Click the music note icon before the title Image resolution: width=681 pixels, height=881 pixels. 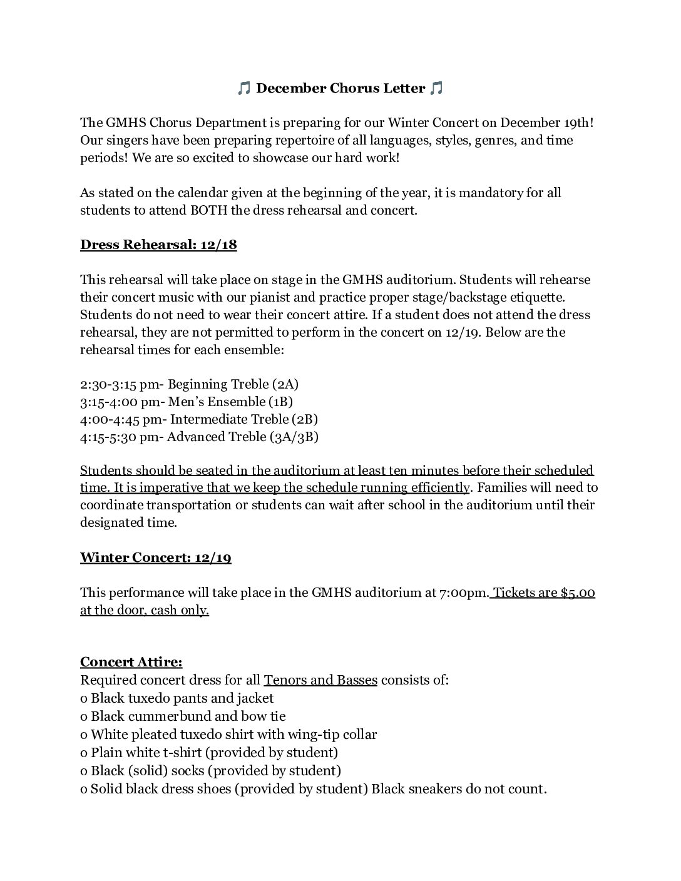pyautogui.click(x=244, y=89)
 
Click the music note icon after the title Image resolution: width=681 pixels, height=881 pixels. pyautogui.click(x=436, y=89)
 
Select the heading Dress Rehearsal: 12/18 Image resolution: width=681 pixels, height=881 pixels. pyautogui.click(x=158, y=245)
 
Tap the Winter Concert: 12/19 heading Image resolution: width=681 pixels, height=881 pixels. pyautogui.click(x=155, y=558)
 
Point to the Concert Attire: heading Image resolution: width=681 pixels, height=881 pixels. pyautogui.click(x=131, y=662)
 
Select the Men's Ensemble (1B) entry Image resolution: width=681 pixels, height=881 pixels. pyautogui.click(x=230, y=402)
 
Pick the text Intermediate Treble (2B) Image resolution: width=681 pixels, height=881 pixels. pyautogui.click(x=244, y=419)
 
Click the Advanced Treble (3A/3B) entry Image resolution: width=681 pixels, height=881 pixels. pyautogui.click(x=243, y=437)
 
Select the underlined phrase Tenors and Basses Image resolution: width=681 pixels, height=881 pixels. pyautogui.click(x=320, y=680)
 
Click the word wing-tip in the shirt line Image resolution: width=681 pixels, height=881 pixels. pyautogui.click(x=313, y=735)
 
